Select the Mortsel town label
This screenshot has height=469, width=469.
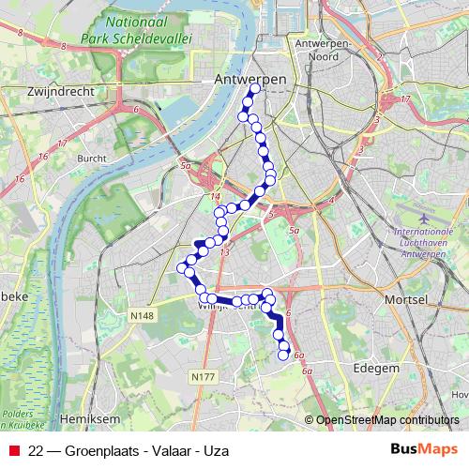[x=406, y=298]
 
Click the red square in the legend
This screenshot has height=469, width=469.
[x=13, y=450]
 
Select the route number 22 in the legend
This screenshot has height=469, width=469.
[x=37, y=450]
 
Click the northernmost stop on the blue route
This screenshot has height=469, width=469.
[x=254, y=89]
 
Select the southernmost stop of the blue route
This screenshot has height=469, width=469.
[x=284, y=354]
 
